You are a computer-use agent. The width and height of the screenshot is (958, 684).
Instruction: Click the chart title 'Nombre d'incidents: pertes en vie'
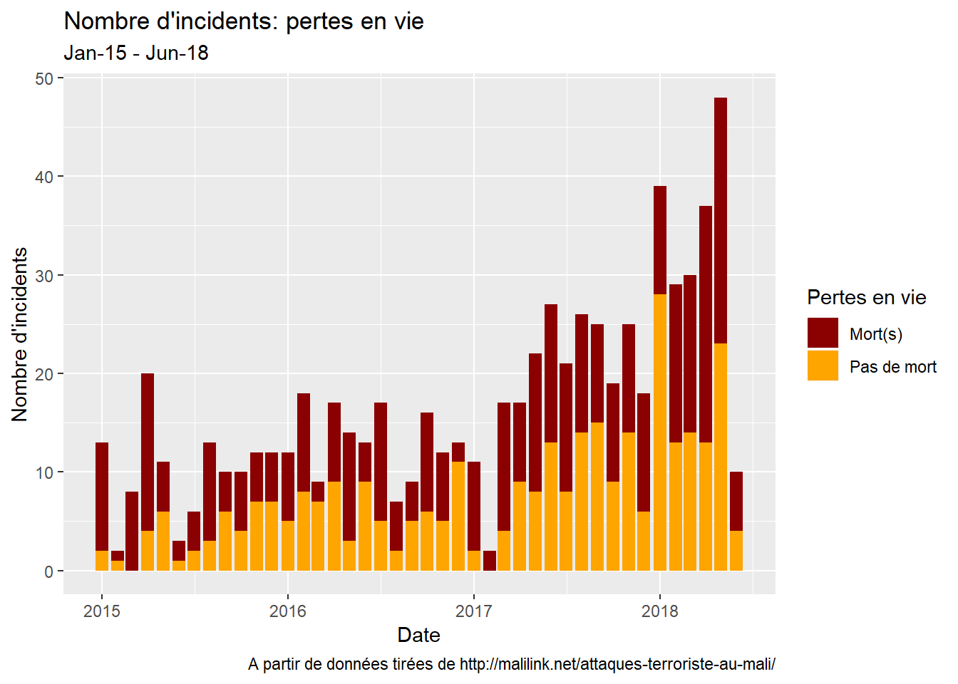coord(244,21)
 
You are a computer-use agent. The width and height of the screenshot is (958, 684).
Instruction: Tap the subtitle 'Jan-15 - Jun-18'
coord(135,53)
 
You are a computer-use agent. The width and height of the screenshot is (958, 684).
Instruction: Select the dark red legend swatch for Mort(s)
coord(823,333)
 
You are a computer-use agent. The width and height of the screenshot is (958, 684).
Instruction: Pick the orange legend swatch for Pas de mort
coord(823,366)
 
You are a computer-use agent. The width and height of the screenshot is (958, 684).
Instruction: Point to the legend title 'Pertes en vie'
coord(866,298)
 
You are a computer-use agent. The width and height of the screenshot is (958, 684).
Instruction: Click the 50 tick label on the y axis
coord(44,78)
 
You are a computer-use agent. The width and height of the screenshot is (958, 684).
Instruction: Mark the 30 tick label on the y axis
coord(44,276)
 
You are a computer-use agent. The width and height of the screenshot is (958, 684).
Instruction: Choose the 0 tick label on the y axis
coord(48,571)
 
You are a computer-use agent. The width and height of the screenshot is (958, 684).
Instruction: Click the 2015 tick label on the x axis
coord(102,611)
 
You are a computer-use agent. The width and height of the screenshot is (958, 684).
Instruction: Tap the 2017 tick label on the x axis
coord(474,611)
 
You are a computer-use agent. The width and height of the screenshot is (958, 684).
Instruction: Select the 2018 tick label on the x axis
coord(660,611)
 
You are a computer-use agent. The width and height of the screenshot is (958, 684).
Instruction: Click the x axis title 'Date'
coord(418,635)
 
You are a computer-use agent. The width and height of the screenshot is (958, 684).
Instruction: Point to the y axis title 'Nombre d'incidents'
coord(20,334)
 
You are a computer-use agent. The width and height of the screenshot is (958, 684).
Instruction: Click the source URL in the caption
coord(617,664)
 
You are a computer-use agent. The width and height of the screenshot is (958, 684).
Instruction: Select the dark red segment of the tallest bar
coord(721,221)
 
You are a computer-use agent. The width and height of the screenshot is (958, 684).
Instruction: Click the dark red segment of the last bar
coord(736,502)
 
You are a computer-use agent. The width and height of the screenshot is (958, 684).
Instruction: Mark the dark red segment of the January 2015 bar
coord(102,497)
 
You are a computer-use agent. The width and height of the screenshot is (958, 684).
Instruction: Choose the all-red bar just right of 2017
coord(490,561)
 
